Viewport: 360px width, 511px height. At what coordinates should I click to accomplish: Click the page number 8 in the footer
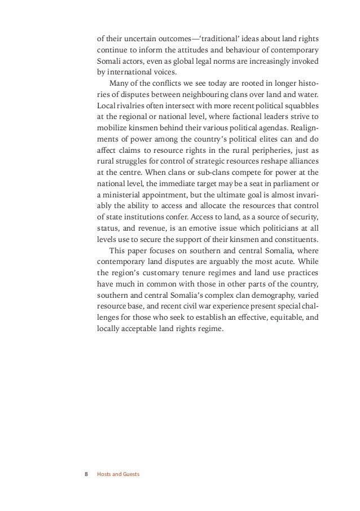point(86,474)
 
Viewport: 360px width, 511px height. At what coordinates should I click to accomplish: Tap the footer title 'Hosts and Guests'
point(118,474)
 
